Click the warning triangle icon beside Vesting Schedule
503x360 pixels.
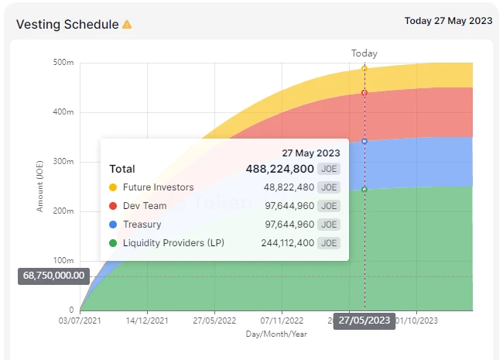pos(127,25)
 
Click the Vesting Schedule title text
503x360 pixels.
pos(67,25)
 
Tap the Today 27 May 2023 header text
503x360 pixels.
pos(448,21)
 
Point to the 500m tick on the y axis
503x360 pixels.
pos(64,63)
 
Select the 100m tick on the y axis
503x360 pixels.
pos(64,261)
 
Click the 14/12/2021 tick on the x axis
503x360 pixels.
pos(147,320)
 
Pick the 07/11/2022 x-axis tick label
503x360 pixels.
pos(282,320)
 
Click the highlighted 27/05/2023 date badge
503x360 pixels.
pos(364,321)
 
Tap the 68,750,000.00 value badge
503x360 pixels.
pos(54,276)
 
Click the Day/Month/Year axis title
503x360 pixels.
pos(276,334)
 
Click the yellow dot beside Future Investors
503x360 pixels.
pos(113,187)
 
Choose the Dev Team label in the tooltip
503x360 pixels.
pos(145,206)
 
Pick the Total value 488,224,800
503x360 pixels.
pos(279,169)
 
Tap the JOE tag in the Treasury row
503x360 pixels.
pos(330,225)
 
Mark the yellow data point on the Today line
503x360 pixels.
pos(364,69)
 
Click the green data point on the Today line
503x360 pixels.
pos(364,190)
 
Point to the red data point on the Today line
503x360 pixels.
pos(364,93)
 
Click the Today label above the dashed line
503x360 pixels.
pos(364,53)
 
